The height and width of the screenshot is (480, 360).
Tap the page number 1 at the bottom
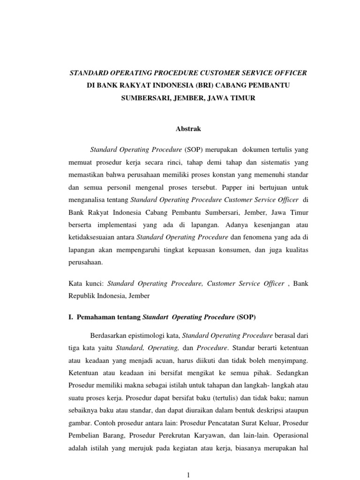[187, 475]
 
